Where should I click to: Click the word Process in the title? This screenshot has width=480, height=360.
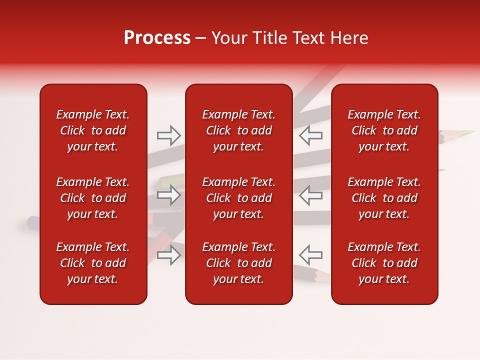point(157,38)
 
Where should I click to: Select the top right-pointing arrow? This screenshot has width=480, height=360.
point(168,135)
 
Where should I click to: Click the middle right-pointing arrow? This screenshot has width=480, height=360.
point(168,194)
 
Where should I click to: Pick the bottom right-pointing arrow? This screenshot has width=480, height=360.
point(168,254)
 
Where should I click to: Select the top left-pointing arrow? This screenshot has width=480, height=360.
point(310,135)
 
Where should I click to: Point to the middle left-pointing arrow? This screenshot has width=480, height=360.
point(310,194)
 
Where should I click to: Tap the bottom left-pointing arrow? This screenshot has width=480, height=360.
point(310,254)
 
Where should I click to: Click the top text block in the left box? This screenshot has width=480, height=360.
point(93,130)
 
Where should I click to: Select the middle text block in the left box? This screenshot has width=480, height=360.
point(93,198)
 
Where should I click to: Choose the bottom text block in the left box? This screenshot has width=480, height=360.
point(93,263)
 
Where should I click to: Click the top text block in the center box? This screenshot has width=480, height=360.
point(238,130)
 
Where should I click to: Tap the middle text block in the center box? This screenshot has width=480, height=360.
point(238,198)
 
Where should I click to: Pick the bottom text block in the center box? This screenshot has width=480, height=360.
point(238,263)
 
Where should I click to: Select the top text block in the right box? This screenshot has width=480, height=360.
point(384,130)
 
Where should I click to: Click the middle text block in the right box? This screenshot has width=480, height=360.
point(384,198)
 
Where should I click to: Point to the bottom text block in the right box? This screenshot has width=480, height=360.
point(384,263)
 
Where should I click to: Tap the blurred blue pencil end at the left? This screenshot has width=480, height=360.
point(33,220)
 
